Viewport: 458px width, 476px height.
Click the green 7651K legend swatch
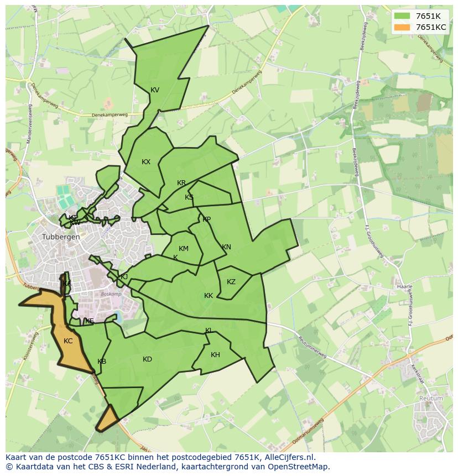click(x=403, y=16)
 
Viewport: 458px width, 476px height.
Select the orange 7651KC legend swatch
click(x=403, y=27)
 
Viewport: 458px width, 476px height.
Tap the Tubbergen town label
click(x=61, y=237)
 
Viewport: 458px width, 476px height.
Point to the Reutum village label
click(x=431, y=398)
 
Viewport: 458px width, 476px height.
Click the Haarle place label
click(x=405, y=287)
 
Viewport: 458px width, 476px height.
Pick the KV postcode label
click(x=155, y=90)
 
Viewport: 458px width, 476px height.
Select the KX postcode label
click(x=146, y=162)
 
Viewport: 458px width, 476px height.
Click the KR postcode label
click(x=181, y=183)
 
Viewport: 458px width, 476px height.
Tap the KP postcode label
click(x=206, y=219)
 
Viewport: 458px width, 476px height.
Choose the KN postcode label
click(x=226, y=247)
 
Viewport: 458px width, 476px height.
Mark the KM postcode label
click(x=184, y=249)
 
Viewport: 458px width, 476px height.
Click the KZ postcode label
click(x=231, y=282)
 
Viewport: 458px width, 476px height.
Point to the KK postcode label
click(x=209, y=296)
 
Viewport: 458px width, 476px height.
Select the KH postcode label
click(x=215, y=355)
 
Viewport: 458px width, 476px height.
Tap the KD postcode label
click(x=147, y=359)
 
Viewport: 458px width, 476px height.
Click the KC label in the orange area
click(x=68, y=341)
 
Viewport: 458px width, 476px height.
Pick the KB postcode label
click(x=102, y=362)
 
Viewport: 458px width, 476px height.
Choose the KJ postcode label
click(x=124, y=277)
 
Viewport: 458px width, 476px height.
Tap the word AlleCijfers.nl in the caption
click(x=288, y=457)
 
